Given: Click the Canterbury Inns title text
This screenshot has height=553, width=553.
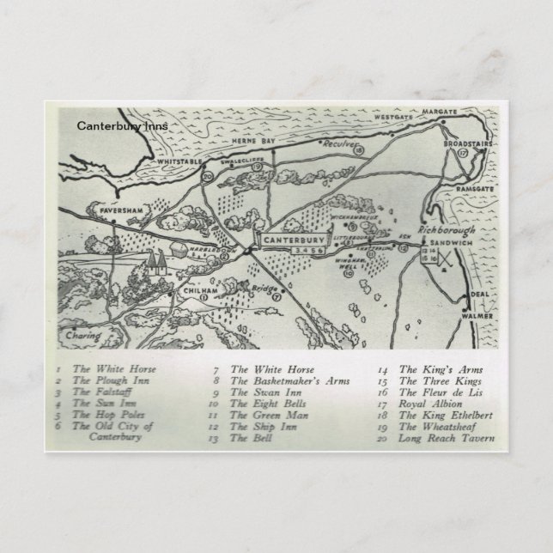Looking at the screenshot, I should tap(122, 125).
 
